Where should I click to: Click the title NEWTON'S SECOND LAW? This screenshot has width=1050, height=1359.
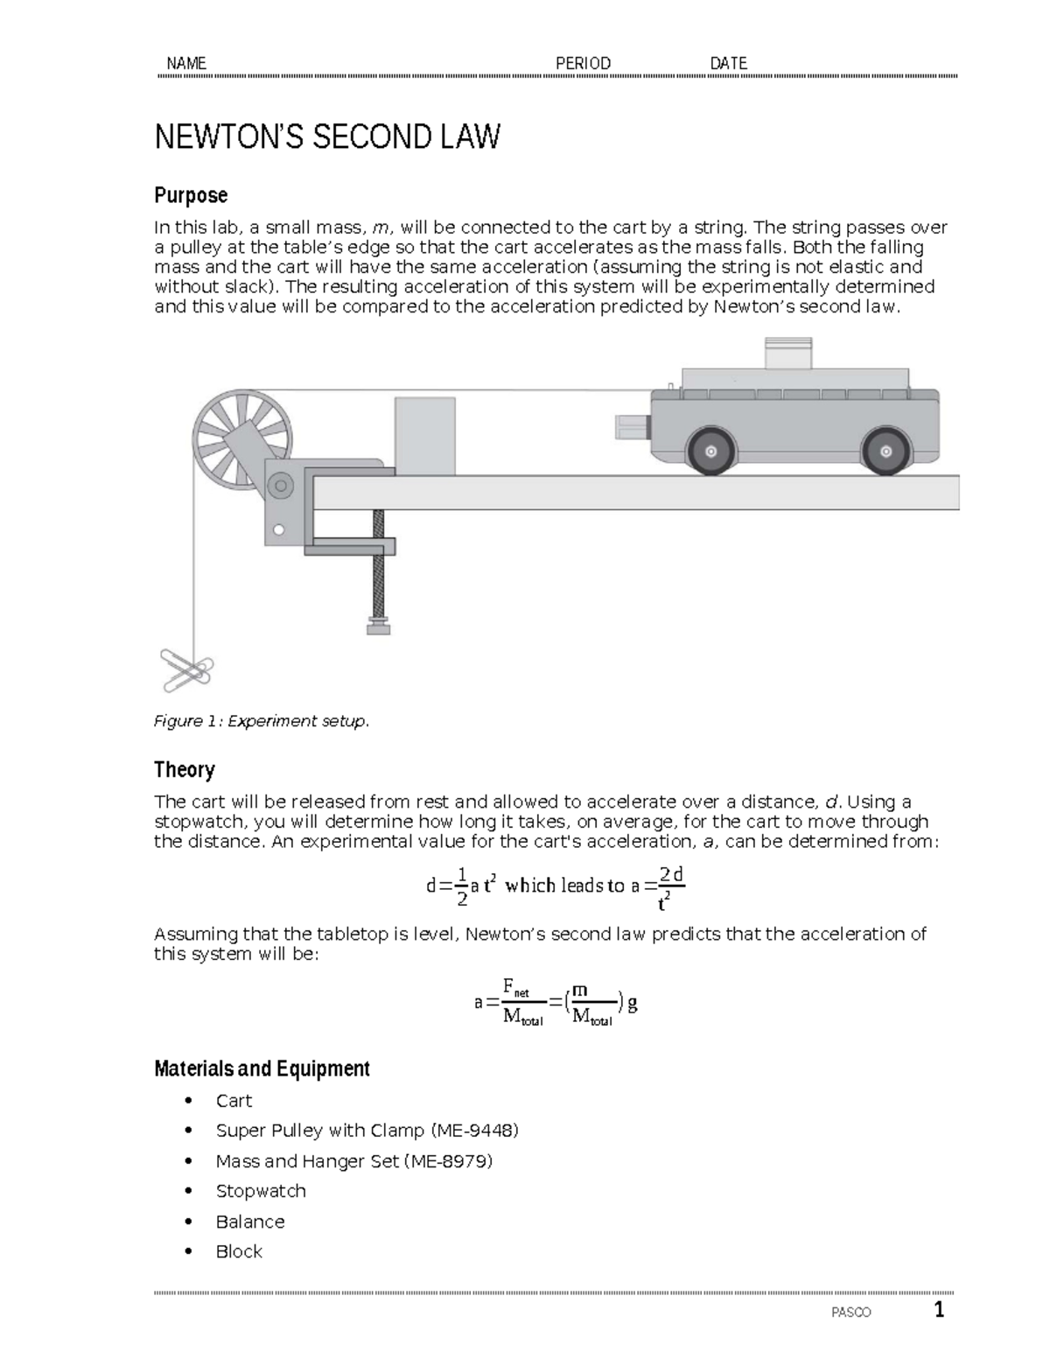click(x=327, y=137)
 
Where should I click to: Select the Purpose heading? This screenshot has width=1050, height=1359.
click(x=191, y=195)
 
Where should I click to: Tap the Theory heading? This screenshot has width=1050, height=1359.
click(x=184, y=770)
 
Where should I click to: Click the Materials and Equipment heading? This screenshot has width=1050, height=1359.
click(x=262, y=1068)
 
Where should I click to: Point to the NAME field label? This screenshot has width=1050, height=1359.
click(x=185, y=63)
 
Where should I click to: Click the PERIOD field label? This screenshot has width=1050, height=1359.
click(x=583, y=63)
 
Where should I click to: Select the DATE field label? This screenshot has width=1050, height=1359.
click(x=728, y=63)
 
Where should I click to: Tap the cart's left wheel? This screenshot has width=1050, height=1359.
click(x=710, y=452)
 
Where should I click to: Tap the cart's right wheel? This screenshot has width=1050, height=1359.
click(x=886, y=452)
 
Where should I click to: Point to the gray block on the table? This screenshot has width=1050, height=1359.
click(x=424, y=436)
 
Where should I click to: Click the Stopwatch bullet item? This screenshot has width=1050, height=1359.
click(x=261, y=1191)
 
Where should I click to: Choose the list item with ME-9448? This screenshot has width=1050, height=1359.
click(x=367, y=1131)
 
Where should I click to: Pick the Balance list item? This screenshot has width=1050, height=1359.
click(x=250, y=1222)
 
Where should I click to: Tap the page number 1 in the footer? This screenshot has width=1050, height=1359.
click(x=939, y=1310)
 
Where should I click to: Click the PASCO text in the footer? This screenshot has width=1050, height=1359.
click(x=850, y=1313)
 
